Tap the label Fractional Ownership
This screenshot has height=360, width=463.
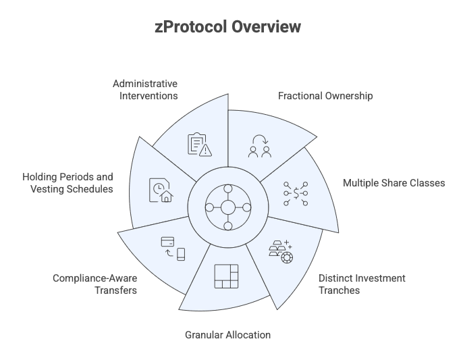point(325,96)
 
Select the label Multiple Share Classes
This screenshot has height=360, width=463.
point(393,183)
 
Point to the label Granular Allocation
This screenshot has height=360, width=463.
point(227,334)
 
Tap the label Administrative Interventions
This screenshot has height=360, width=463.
point(144,90)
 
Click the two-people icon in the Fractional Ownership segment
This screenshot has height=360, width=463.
point(258,146)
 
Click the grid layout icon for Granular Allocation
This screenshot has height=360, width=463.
point(227,276)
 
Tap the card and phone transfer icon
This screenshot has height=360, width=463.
point(173,248)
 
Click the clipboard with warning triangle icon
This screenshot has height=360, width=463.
point(199,146)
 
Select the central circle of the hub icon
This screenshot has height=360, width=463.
point(228,207)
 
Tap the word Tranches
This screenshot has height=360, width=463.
point(339,290)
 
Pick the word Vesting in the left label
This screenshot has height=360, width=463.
point(45,189)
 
